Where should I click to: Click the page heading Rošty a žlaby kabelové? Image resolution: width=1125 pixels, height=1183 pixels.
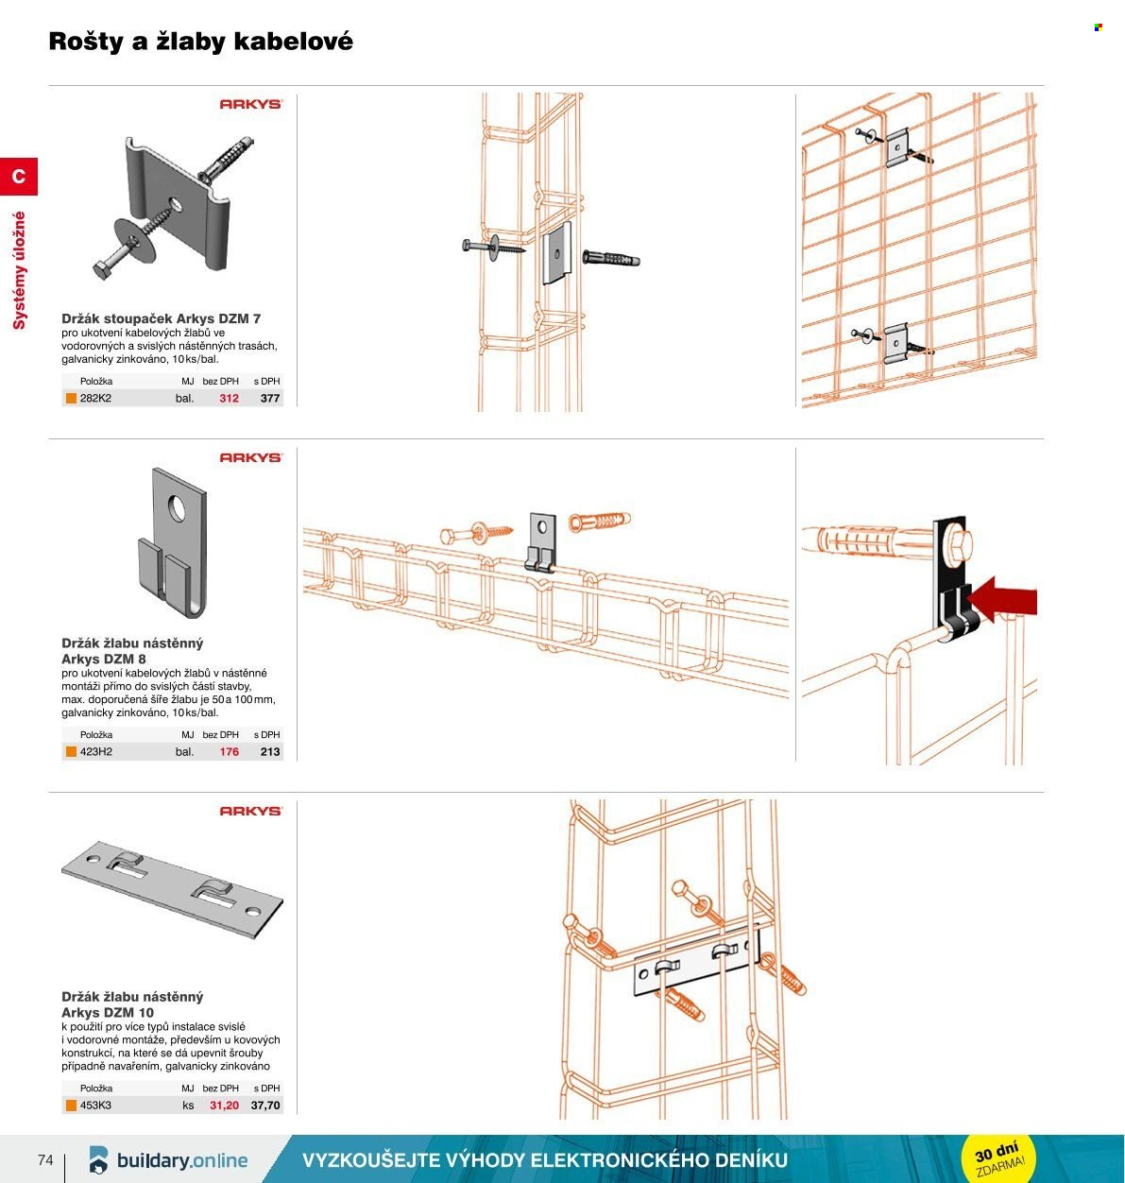point(200,42)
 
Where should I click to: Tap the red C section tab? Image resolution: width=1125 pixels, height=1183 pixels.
point(19,177)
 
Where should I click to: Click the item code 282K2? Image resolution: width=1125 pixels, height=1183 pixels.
point(95,398)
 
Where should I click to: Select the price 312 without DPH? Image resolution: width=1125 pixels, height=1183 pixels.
point(230,398)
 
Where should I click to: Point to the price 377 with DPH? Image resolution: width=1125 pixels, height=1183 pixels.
point(270,398)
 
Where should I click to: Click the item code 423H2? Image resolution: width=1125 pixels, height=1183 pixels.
point(96,751)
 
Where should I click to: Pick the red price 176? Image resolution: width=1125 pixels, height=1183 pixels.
point(230,751)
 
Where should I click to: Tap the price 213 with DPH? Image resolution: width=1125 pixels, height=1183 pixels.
point(270,751)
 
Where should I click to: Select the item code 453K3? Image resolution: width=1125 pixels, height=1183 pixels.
point(95,1106)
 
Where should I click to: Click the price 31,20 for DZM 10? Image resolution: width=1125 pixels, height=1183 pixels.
point(225,1106)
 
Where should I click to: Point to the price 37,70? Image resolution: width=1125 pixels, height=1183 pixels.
point(265,1106)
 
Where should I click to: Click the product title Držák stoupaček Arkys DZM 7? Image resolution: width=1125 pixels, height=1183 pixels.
point(162,318)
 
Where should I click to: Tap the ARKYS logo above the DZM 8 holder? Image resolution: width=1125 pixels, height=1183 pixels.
point(251,458)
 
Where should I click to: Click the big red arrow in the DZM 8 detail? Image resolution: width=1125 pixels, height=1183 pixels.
point(1001,600)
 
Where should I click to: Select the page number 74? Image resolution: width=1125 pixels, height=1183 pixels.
point(45,1159)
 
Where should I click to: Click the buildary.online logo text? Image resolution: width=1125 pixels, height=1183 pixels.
point(182,1160)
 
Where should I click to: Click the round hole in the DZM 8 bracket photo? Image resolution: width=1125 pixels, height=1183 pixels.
point(177,508)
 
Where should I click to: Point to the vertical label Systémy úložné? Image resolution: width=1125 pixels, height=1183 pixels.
point(19,270)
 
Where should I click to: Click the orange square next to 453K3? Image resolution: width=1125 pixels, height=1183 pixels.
point(71,1106)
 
